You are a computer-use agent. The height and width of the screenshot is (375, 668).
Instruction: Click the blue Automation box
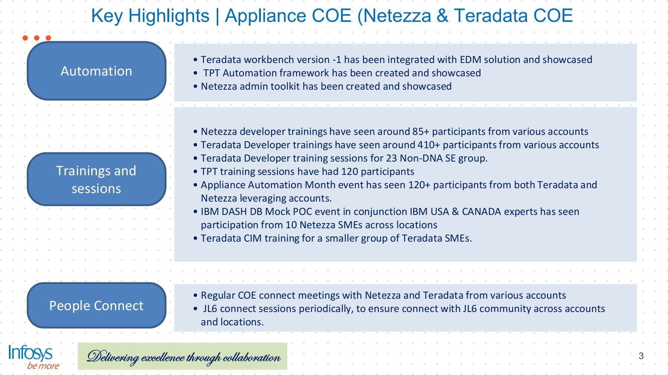(x=96, y=71)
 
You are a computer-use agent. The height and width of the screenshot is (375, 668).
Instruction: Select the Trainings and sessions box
(x=96, y=179)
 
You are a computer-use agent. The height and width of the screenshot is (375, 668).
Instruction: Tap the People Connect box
(x=96, y=305)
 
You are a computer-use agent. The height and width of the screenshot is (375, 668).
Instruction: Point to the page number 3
(x=641, y=356)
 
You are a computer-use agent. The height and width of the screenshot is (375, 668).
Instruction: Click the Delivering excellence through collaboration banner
(x=183, y=356)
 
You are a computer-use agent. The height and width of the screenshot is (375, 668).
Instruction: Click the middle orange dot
(x=37, y=38)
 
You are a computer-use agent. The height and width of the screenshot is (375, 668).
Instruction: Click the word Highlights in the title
(x=169, y=16)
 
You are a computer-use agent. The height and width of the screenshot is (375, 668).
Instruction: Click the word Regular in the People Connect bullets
(x=218, y=296)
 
